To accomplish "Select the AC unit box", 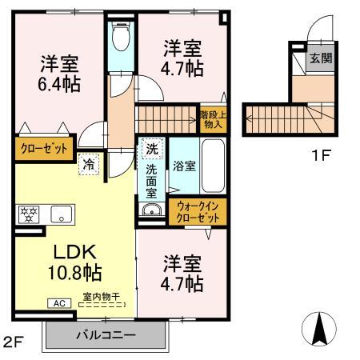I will [x=61, y=302].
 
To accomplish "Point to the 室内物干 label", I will [x=101, y=298].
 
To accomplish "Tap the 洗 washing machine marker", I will [x=151, y=148].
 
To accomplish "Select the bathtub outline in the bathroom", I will [x=213, y=166].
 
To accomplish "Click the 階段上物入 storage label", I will [x=212, y=119].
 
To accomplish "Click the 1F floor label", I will [x=320, y=154].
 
